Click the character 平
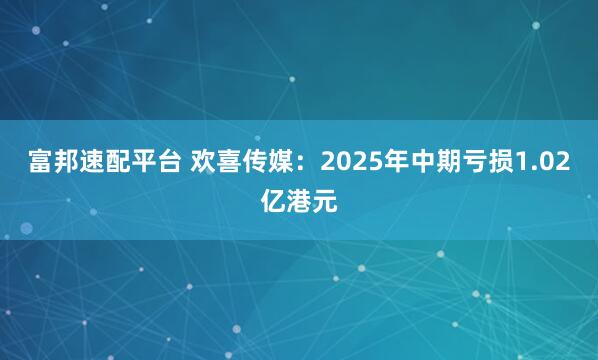[131, 165]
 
